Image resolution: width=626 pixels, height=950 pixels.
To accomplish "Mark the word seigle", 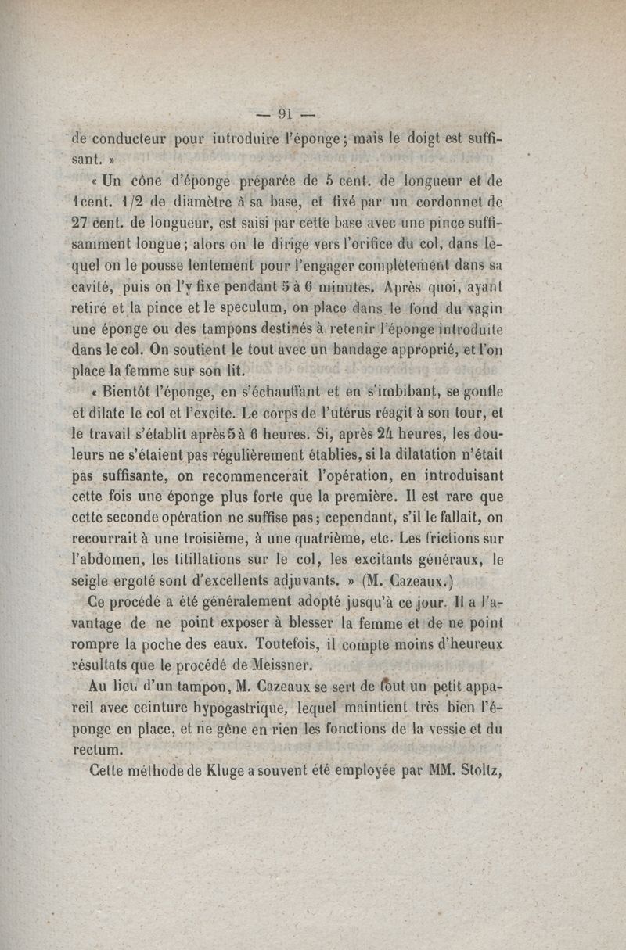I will tap(92, 580).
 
